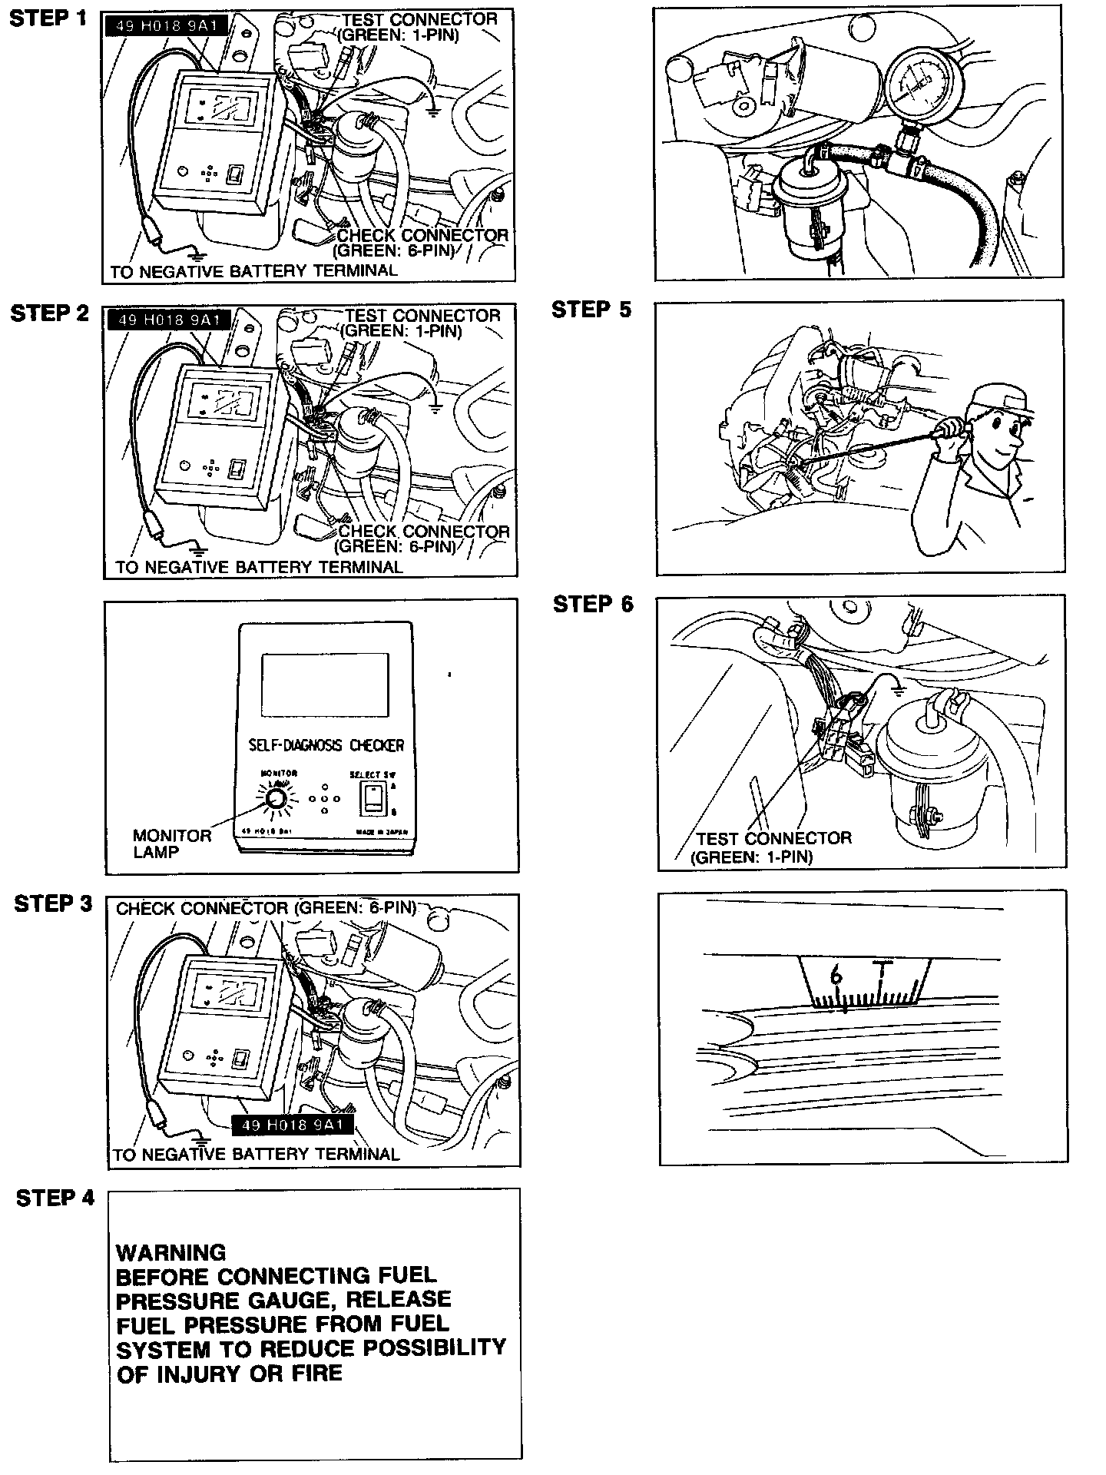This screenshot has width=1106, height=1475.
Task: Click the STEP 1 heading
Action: click(48, 19)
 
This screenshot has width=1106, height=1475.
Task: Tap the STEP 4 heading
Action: click(55, 1198)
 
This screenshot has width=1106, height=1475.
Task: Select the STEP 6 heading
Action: click(593, 605)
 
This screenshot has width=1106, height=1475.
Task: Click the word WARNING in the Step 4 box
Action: click(171, 1253)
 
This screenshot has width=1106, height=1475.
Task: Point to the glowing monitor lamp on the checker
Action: click(275, 802)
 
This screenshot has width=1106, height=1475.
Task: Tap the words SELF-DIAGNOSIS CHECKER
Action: click(326, 745)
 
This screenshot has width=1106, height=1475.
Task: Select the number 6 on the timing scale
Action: click(836, 976)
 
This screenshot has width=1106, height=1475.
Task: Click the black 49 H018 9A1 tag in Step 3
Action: click(292, 1125)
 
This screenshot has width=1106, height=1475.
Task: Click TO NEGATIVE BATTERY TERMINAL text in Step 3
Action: click(256, 1154)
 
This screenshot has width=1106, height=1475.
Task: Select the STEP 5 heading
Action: click(591, 310)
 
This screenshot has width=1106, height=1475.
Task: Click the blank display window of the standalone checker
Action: click(324, 684)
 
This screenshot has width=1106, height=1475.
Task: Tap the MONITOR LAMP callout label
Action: click(171, 844)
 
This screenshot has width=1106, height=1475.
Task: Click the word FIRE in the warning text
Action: click(312, 1373)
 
